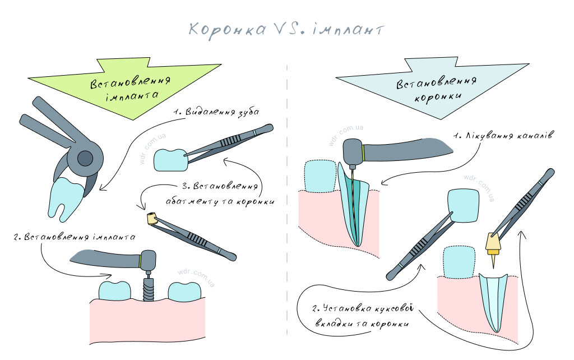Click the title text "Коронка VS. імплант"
point(286,29)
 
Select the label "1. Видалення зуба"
point(216,112)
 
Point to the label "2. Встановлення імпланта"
point(73,237)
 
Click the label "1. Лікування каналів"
point(504,136)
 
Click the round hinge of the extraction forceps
point(85,159)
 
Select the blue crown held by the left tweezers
point(170,159)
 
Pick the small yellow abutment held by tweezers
point(151,219)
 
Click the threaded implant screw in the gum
point(148,289)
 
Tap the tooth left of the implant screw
point(115,290)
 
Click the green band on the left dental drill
point(139,260)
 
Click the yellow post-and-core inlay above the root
point(492,242)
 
